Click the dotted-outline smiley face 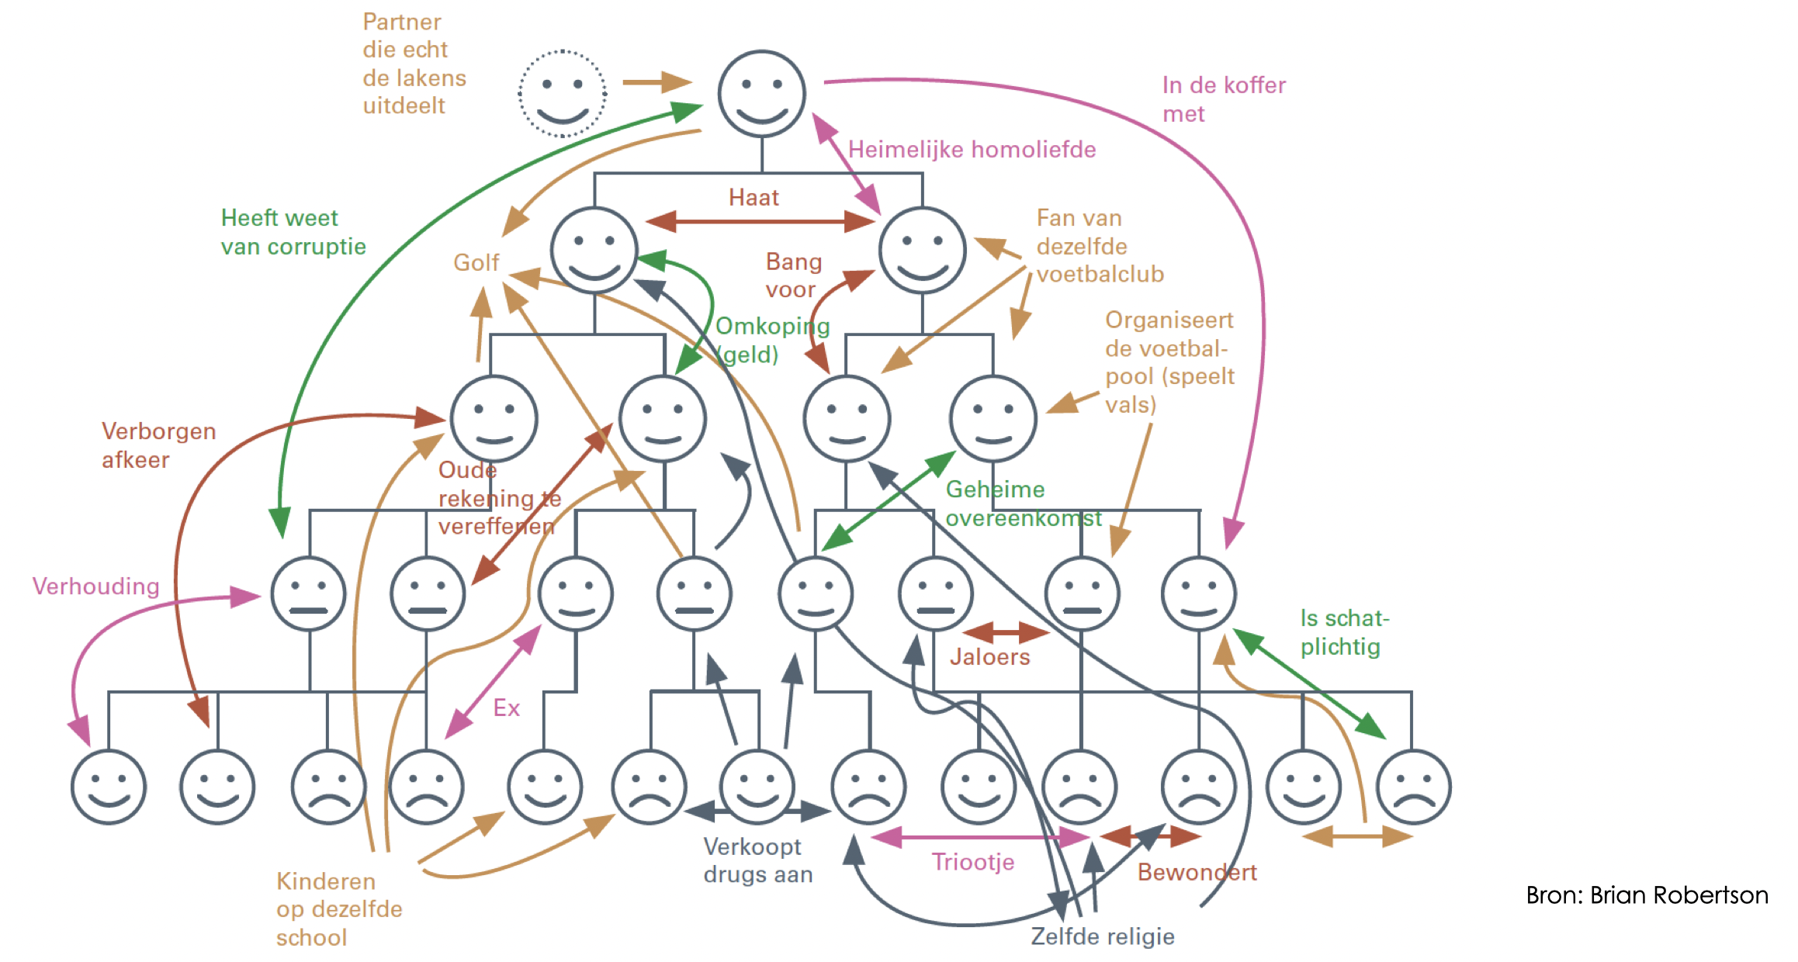click(562, 94)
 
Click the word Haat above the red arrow click(753, 198)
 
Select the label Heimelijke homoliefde click(972, 150)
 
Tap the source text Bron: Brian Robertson click(1646, 895)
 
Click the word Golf click(476, 263)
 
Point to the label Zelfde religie click(1102, 936)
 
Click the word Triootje click(972, 862)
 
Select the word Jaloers click(989, 657)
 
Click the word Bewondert click(1197, 873)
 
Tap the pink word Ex click(506, 708)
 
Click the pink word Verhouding click(95, 587)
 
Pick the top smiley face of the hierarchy click(761, 94)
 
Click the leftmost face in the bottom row click(109, 787)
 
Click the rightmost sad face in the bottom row click(1413, 787)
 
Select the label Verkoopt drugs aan click(757, 861)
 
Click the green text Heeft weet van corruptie click(293, 232)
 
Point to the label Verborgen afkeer click(158, 445)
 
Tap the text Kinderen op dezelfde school click(339, 909)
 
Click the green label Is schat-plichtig click(1344, 632)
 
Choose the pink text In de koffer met click(1223, 99)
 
